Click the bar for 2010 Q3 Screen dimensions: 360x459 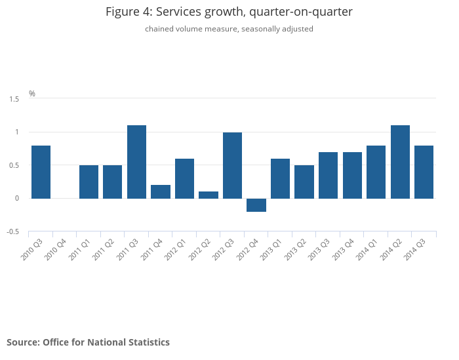41,172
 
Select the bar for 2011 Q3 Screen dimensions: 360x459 136,161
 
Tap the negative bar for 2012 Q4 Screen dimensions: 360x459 256,205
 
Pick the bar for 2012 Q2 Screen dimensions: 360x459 209,195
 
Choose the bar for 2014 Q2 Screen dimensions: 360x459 400,161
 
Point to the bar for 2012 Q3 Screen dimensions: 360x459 232,165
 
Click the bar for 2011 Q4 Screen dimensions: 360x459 161,191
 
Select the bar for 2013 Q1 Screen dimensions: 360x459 280,178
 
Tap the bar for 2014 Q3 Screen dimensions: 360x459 424,172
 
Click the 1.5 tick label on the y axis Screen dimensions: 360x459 14,99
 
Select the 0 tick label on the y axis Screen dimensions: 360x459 16,199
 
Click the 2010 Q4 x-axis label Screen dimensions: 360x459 56,250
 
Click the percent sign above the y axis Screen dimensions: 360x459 32,94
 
